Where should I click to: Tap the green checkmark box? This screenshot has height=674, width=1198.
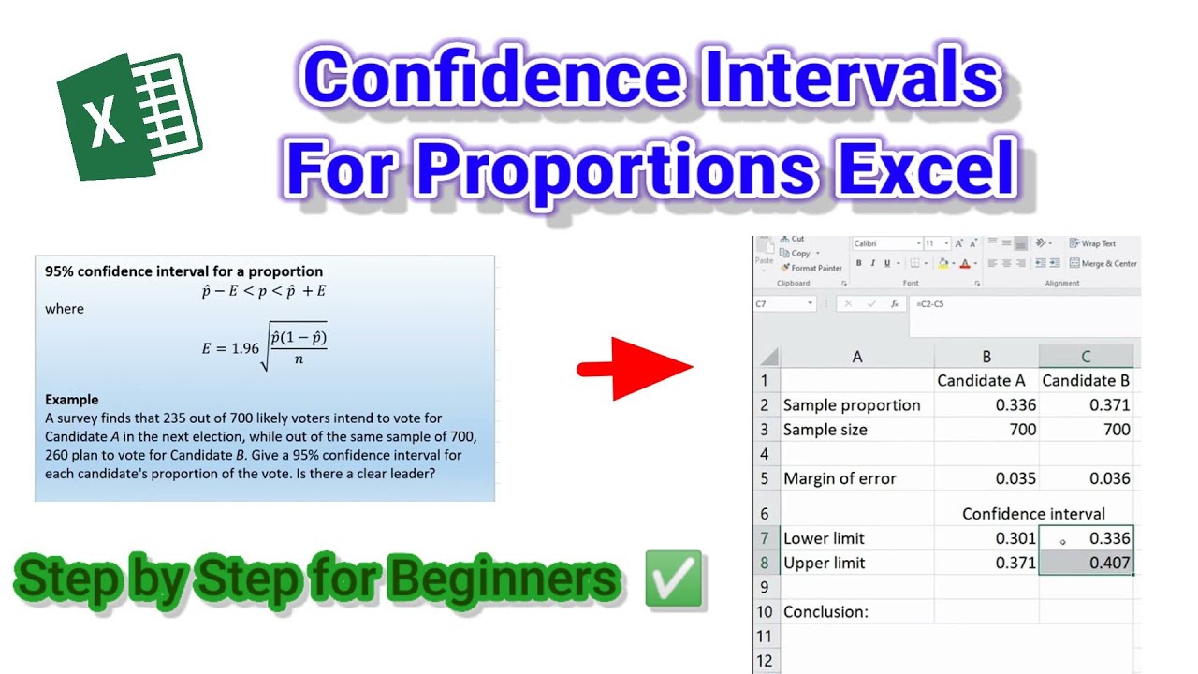click(673, 579)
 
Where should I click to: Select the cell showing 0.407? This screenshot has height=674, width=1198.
click(1086, 563)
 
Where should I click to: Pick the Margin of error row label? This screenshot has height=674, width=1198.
click(840, 478)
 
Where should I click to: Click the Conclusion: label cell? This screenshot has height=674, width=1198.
click(825, 611)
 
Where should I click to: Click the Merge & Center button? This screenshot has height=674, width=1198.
click(1104, 263)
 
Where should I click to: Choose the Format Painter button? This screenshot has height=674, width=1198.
click(811, 268)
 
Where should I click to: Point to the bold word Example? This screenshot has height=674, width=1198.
click(72, 400)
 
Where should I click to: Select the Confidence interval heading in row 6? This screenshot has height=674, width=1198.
click(1033, 514)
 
